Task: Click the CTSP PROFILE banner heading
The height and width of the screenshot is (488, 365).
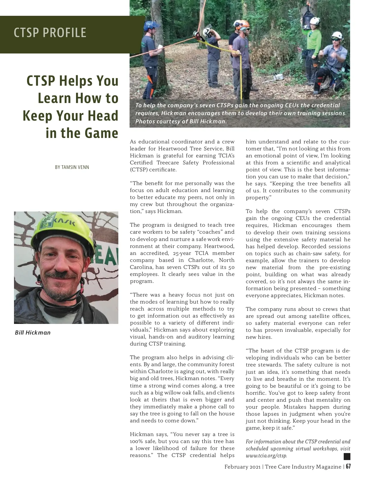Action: [50, 33]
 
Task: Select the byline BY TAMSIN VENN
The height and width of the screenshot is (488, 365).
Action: [72, 167]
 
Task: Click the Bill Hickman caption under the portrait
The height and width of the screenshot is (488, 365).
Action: [33, 332]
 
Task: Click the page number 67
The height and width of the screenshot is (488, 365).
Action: [348, 466]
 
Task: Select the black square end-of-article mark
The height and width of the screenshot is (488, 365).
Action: [347, 456]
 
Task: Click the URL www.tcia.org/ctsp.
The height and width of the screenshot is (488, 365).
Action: [266, 455]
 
